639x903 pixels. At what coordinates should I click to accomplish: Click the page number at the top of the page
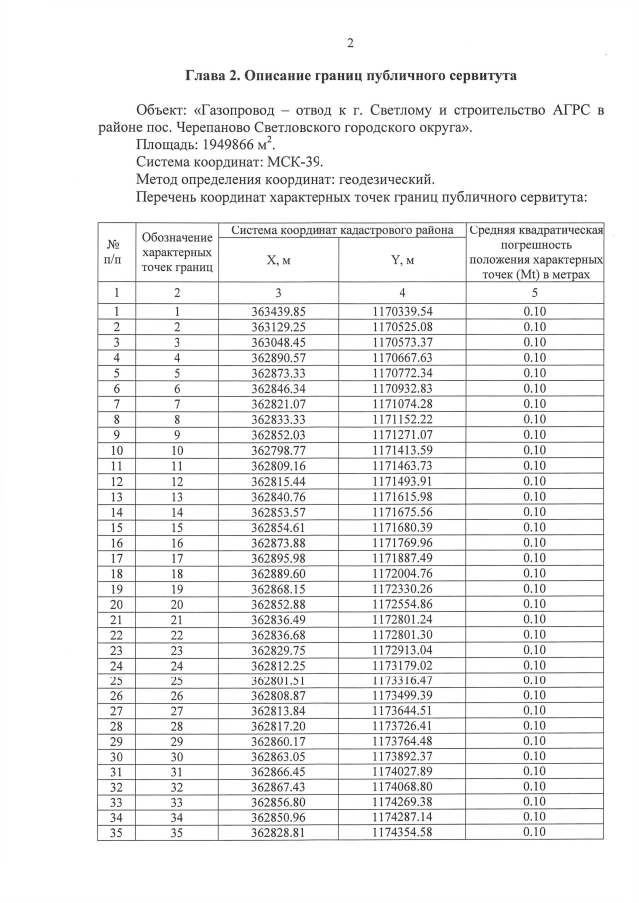[x=350, y=42]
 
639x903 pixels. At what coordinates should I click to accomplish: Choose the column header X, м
[x=278, y=261]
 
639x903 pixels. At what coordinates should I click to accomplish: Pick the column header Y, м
[x=402, y=261]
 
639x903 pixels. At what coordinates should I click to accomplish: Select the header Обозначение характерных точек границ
[x=177, y=252]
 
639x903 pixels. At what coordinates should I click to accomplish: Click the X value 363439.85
[x=278, y=311]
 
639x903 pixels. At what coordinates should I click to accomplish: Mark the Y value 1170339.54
[x=402, y=311]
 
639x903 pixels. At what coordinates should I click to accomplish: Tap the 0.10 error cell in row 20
[x=534, y=604]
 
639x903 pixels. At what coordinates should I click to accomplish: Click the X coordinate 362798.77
[x=278, y=450]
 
